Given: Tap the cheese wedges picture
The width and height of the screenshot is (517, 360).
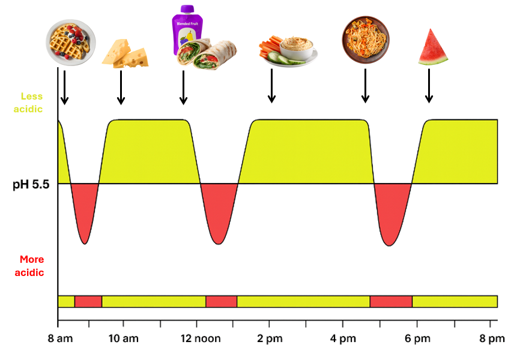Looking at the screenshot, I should pos(127,53).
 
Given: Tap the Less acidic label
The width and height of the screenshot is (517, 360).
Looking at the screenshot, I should pos(31,102).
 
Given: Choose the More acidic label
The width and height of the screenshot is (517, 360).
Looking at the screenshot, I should pos(31,266).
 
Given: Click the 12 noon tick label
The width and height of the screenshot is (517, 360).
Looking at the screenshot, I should pos(201,339).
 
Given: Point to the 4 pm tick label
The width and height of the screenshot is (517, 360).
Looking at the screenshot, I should pos(343,339).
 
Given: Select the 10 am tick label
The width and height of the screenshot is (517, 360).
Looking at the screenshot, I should pos(123,339).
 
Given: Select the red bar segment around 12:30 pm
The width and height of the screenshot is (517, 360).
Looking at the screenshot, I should pos(221,301).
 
